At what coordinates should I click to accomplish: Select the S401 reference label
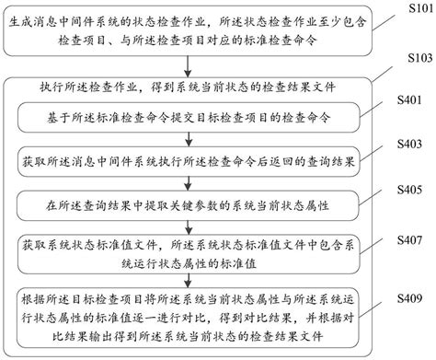tap(409, 103)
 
